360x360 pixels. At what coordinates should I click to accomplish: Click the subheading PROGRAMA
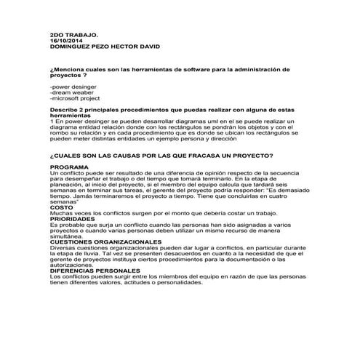(x=66, y=167)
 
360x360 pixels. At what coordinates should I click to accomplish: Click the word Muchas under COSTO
(x=61, y=212)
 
